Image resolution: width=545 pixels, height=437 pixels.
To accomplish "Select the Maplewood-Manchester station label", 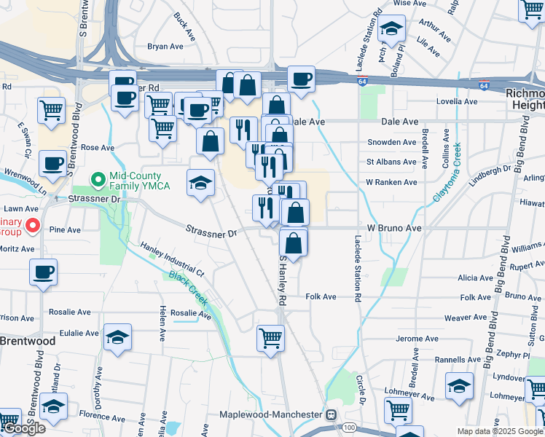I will pos(271,414).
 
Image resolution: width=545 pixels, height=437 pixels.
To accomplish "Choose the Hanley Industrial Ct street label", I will pos(173,259).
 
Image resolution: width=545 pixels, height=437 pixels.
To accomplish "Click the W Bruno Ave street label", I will pos(394,228).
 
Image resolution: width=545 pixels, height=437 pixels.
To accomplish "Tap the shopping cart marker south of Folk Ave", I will pos(270,338).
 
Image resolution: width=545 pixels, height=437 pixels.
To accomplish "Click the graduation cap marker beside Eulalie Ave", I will pos(117,338).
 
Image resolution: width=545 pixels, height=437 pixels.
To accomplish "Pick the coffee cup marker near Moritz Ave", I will pos(43,273).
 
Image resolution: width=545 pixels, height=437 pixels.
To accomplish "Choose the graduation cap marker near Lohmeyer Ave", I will pos(459,385).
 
